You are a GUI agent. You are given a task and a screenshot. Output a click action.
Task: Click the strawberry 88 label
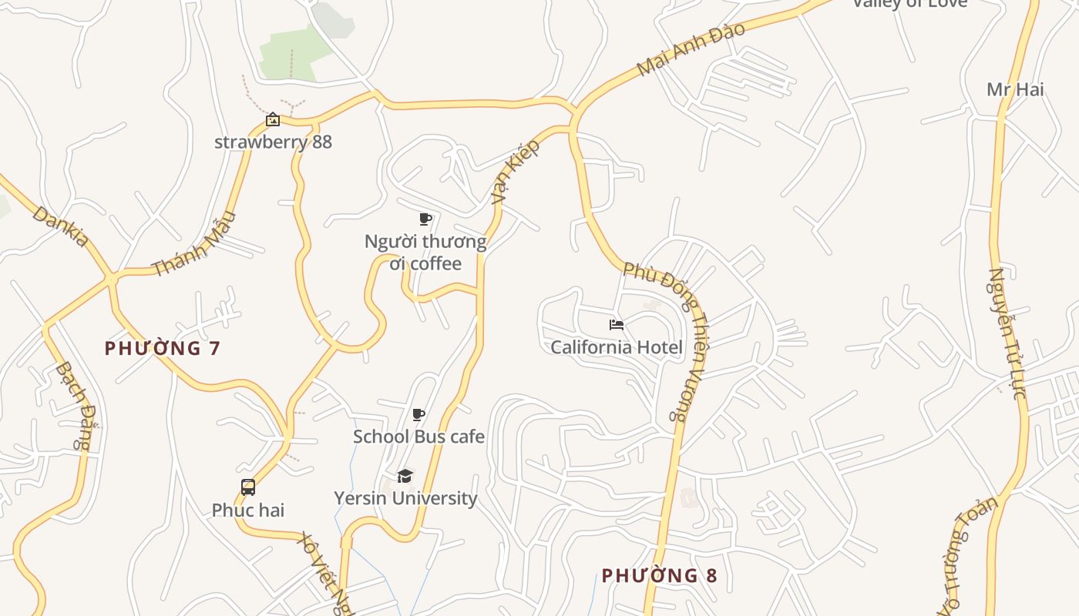[273, 142]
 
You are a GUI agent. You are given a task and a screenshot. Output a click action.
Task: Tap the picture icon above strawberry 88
[272, 119]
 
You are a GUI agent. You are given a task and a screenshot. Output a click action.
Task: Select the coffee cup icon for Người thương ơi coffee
[425, 219]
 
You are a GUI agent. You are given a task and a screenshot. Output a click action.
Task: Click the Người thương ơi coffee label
[425, 253]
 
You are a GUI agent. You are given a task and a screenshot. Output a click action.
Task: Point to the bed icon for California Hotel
[616, 325]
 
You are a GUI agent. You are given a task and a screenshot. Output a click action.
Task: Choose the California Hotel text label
[617, 347]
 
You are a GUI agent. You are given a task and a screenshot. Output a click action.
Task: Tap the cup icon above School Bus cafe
[418, 415]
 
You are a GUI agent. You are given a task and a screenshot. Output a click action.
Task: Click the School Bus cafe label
[418, 437]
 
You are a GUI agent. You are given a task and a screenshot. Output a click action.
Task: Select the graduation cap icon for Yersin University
[405, 476]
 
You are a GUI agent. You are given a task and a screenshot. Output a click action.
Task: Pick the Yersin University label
[405, 498]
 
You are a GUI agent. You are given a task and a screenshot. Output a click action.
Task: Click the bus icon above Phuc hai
[248, 487]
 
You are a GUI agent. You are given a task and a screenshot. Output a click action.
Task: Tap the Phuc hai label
[248, 510]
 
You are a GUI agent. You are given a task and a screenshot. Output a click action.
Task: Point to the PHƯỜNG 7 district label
[163, 348]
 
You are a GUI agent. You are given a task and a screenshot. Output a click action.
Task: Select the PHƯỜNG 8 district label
[659, 575]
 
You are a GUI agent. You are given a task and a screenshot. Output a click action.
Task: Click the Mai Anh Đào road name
[691, 49]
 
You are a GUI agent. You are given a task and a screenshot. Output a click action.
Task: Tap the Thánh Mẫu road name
[193, 244]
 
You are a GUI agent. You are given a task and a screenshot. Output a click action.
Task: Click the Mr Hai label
[1015, 89]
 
